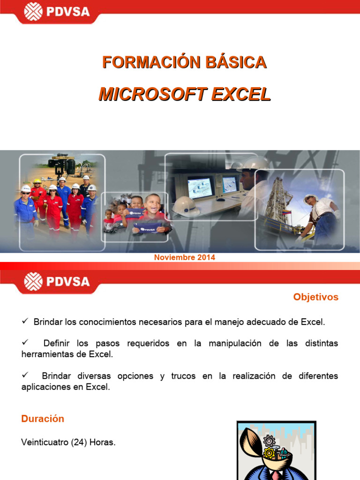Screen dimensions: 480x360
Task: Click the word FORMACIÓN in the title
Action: [x=142, y=62]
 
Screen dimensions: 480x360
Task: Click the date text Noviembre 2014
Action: [x=185, y=257]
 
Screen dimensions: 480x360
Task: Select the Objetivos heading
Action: [x=315, y=297]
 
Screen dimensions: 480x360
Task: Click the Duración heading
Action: [x=43, y=419]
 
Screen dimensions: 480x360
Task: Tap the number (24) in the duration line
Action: [x=79, y=442]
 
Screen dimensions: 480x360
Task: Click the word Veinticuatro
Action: [x=44, y=442]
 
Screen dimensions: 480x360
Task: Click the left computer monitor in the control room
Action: [x=200, y=186]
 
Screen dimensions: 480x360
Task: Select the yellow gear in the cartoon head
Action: [x=269, y=453]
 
